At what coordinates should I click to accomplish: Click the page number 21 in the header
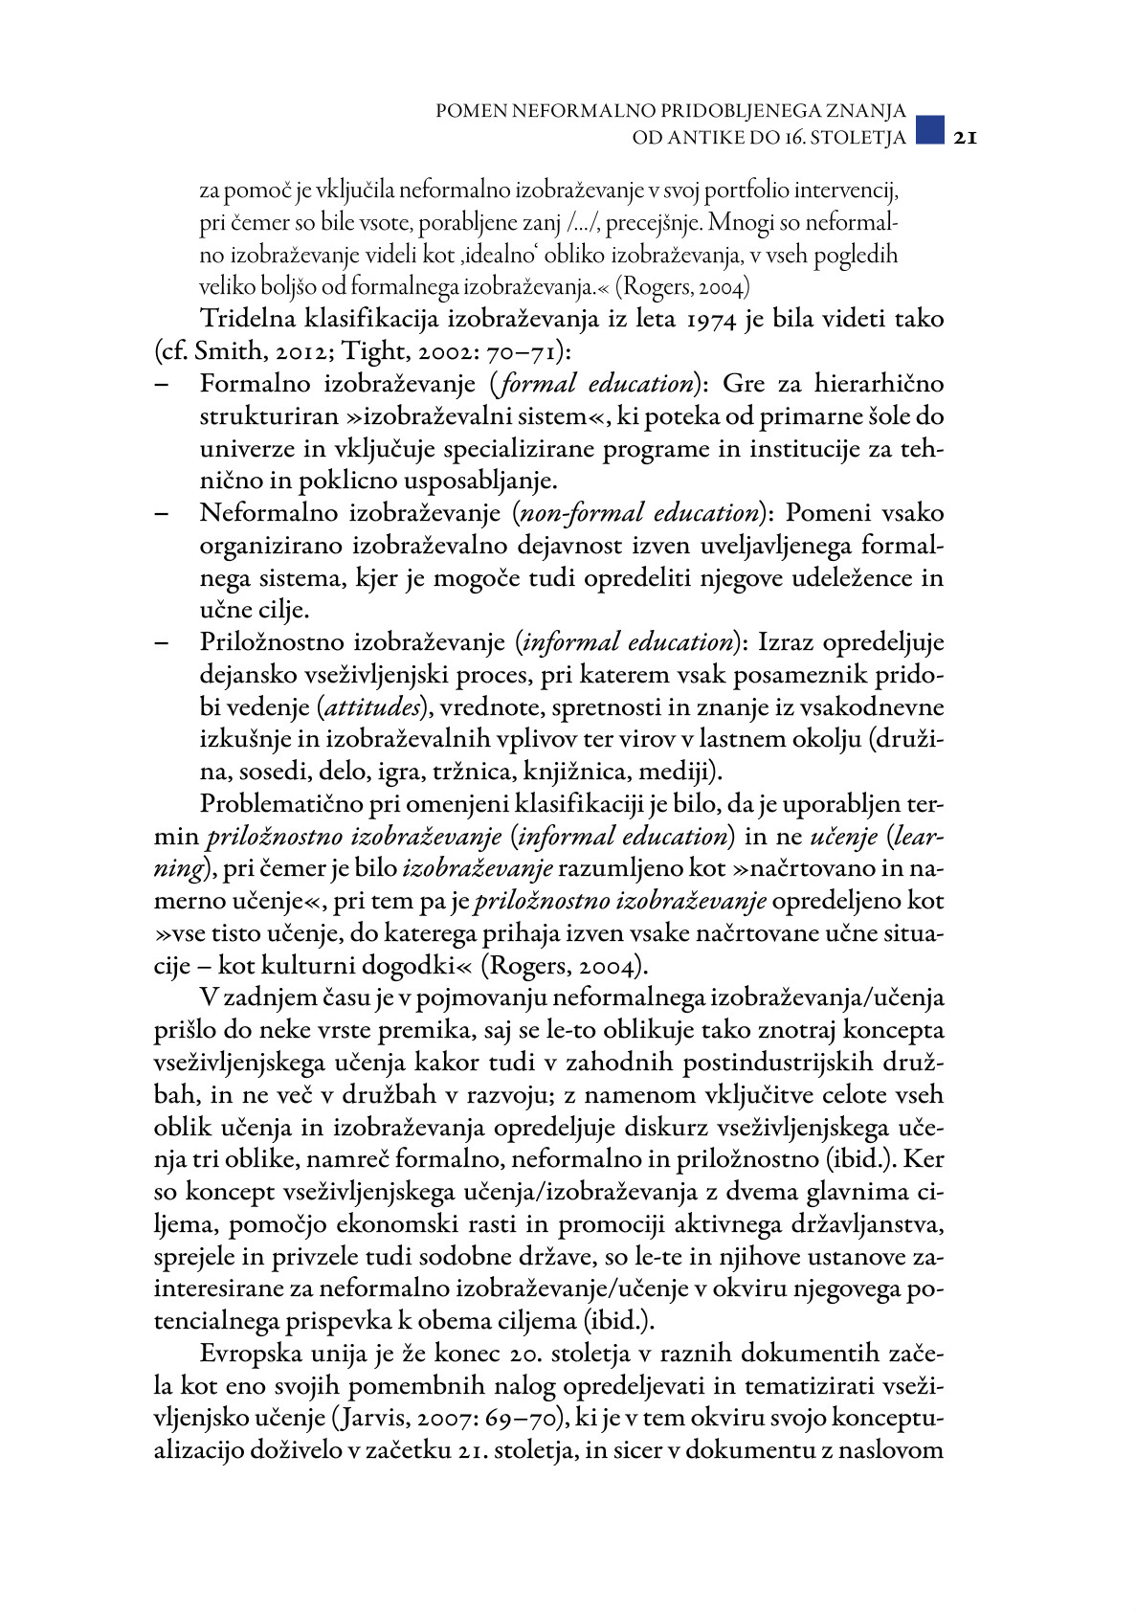[963, 138]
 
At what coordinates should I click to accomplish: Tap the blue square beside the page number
[929, 131]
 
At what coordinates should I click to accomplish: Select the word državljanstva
[867, 1224]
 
